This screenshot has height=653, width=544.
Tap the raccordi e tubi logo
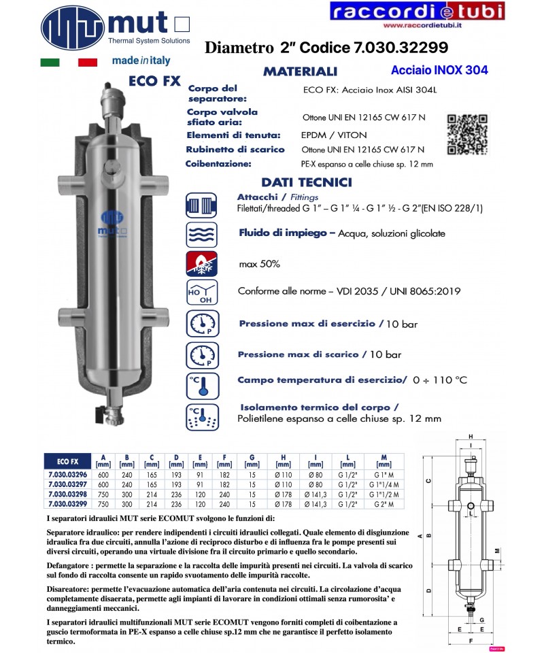click(x=418, y=11)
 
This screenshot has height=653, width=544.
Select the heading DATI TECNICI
click(x=307, y=182)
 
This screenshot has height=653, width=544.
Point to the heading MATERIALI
click(x=300, y=71)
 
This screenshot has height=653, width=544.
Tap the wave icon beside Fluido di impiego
click(x=201, y=234)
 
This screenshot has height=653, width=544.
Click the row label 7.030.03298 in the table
click(x=69, y=495)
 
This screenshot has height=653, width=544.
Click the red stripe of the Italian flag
click(x=88, y=63)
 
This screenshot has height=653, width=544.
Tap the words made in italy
click(x=141, y=61)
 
